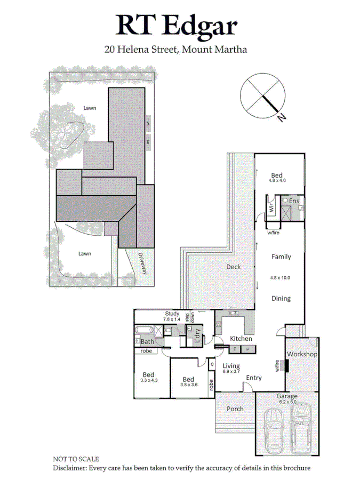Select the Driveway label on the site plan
click(143, 263)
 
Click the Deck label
click(233, 267)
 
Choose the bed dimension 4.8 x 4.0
click(277, 181)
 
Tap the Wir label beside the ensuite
click(270, 208)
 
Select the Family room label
click(281, 257)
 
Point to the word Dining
click(281, 299)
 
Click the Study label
click(172, 314)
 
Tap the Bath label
click(147, 341)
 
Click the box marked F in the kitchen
click(235, 349)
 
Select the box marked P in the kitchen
click(248, 349)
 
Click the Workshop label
click(302, 354)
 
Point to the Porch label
click(235, 409)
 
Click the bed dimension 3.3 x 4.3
click(148, 380)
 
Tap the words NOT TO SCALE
click(76, 459)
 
